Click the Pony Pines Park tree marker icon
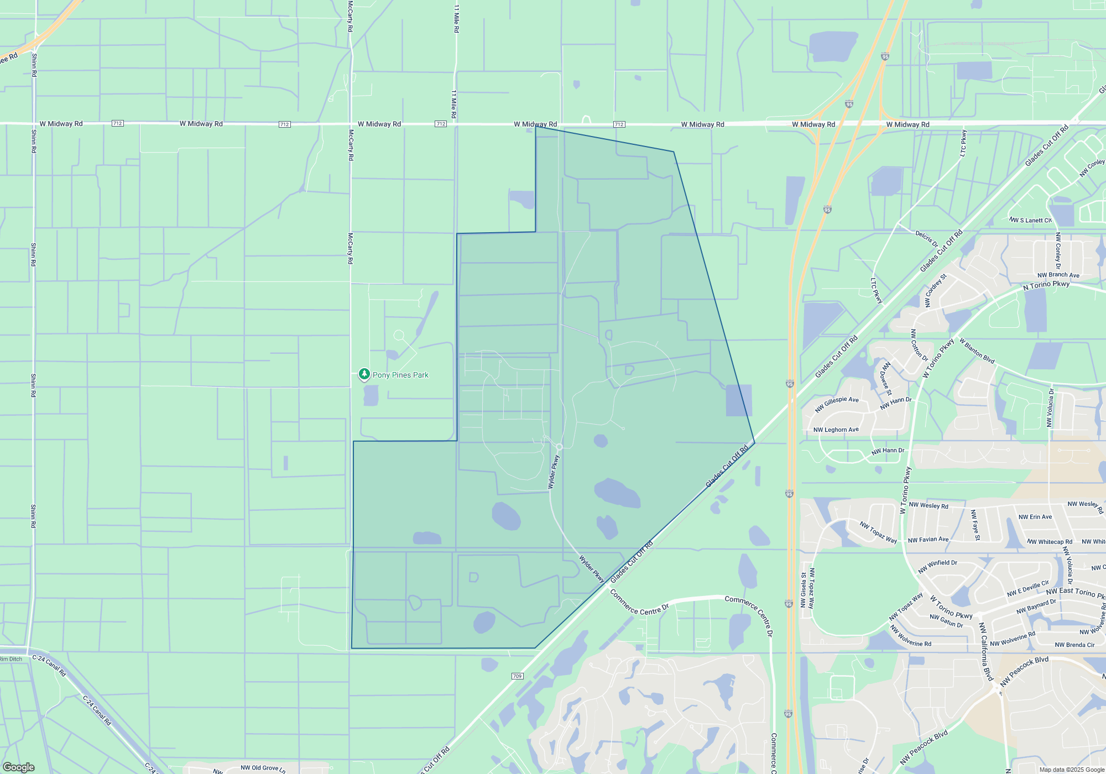(x=364, y=374)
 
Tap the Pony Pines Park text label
(x=400, y=375)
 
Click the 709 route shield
(x=517, y=676)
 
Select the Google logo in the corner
(x=18, y=767)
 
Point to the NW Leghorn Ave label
(x=836, y=430)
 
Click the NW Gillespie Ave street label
(x=837, y=404)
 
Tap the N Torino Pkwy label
(x=1046, y=285)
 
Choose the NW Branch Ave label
(x=1058, y=275)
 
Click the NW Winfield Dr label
(x=937, y=566)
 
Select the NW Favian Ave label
(x=928, y=540)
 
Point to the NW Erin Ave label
(x=1035, y=517)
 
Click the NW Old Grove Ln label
(x=263, y=768)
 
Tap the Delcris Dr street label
(x=926, y=239)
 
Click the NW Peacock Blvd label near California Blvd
(x=1024, y=671)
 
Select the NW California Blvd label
(x=985, y=651)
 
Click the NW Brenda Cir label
(x=1074, y=645)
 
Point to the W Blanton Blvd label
(x=977, y=351)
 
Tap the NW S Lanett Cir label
(x=1030, y=220)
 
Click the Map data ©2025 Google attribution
(x=1072, y=770)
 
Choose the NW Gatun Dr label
(x=946, y=621)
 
